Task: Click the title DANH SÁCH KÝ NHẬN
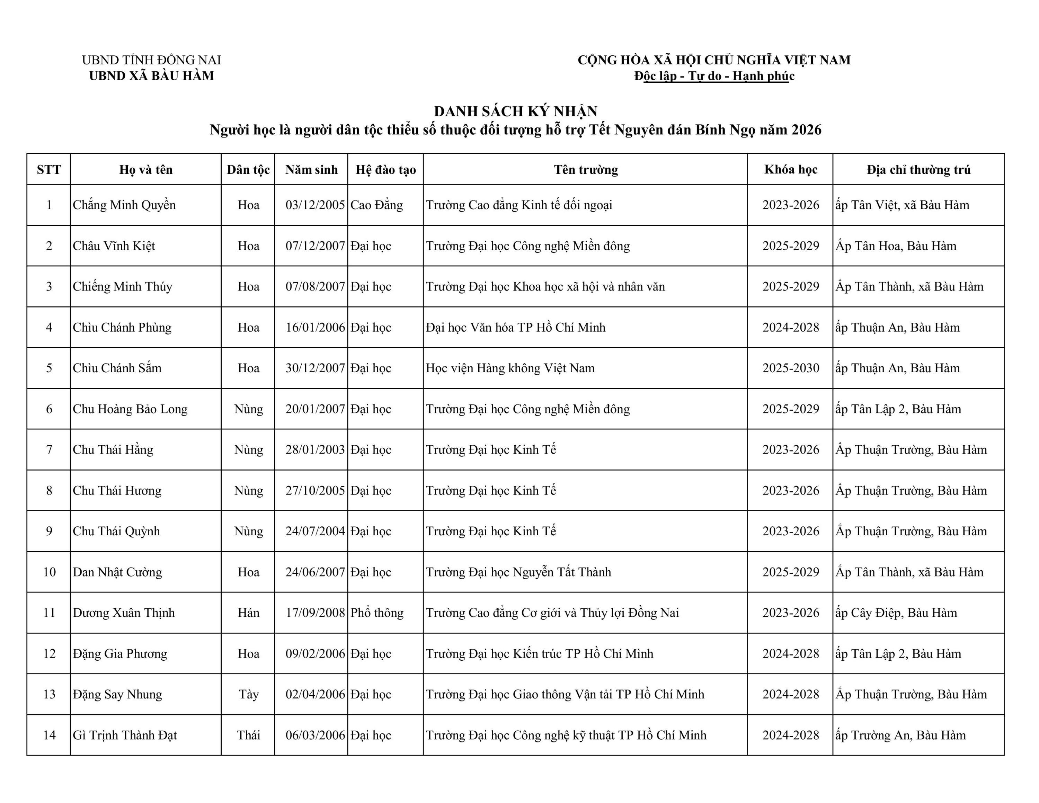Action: point(515,111)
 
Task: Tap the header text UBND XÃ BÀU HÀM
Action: point(151,75)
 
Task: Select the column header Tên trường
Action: point(586,169)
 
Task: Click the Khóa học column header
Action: point(790,169)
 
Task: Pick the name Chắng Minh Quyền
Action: point(124,205)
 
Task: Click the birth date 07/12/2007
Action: point(314,246)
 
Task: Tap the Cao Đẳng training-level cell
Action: point(376,205)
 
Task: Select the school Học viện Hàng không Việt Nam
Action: point(510,368)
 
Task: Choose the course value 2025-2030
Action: point(790,368)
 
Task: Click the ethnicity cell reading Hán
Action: point(248,613)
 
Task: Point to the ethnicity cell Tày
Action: point(248,695)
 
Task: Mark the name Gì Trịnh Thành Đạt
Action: point(125,735)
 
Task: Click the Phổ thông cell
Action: point(377,613)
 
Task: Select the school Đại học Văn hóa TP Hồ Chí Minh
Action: point(515,327)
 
